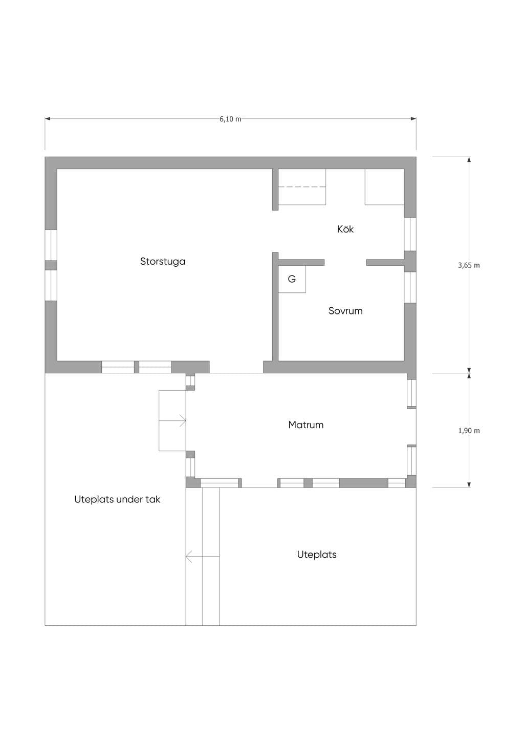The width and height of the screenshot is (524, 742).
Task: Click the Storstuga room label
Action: tap(163, 262)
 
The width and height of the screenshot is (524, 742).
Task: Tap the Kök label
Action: tap(345, 229)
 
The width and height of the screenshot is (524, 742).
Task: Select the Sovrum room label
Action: tap(345, 311)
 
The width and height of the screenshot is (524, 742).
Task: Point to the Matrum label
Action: tap(306, 425)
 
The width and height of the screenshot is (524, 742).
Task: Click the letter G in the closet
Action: tap(292, 279)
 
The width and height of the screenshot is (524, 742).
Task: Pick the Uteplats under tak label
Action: tap(117, 499)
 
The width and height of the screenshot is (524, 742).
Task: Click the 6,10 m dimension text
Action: tap(230, 119)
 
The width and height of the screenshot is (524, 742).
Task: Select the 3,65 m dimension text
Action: tap(469, 265)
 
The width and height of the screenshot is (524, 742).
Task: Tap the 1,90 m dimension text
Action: tap(469, 431)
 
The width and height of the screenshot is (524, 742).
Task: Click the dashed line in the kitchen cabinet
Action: tap(302, 187)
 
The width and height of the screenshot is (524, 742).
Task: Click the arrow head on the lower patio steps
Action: tap(189, 557)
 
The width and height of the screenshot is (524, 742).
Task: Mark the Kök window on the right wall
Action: tap(410, 234)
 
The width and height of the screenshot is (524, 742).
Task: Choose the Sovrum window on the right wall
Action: tap(410, 287)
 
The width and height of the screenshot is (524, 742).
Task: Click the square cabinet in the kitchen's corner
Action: tap(385, 187)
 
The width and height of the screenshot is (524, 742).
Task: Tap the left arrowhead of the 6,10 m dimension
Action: tap(48, 119)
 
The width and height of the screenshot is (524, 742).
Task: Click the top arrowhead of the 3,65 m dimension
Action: tap(469, 159)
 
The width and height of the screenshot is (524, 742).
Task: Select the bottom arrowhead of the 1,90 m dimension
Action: tap(469, 485)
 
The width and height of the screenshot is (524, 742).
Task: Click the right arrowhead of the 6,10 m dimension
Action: tap(413, 119)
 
